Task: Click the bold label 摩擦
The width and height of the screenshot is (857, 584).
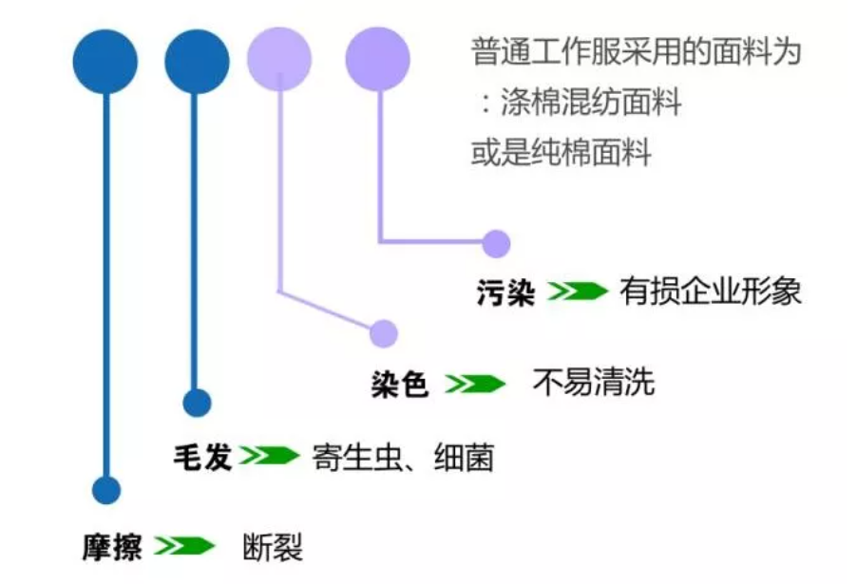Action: click(x=111, y=549)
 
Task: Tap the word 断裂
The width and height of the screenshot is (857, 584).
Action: click(x=274, y=549)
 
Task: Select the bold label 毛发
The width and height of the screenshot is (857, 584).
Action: click(x=202, y=459)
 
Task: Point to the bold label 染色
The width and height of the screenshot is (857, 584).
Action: click(x=400, y=385)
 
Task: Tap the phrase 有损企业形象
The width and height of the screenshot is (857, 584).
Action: click(x=711, y=291)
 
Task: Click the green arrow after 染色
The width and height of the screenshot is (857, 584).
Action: click(x=476, y=385)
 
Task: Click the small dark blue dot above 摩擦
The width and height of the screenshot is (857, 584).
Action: click(x=106, y=490)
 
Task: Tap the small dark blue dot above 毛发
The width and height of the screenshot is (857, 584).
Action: click(x=196, y=403)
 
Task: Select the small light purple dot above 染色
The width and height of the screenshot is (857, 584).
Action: click(x=383, y=333)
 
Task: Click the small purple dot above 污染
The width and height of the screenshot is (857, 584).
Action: click(x=495, y=244)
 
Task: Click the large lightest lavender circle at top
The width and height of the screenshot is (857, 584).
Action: click(x=278, y=61)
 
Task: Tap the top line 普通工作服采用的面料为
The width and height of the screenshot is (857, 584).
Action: click(x=635, y=52)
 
